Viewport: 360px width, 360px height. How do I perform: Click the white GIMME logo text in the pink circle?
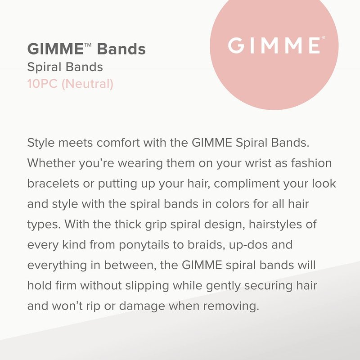[x=274, y=45]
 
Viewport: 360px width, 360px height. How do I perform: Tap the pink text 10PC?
[x=42, y=84]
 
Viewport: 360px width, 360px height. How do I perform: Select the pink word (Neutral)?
[x=87, y=84]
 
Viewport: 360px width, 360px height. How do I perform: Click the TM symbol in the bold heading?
[x=88, y=45]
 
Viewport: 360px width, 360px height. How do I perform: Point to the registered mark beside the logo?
[x=324, y=37]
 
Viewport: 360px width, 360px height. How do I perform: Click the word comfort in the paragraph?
[x=118, y=143]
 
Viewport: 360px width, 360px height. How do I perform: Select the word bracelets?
[x=53, y=184]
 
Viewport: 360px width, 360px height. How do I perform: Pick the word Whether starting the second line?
[x=51, y=163]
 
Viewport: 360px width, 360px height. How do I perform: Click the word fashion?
[x=311, y=163]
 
